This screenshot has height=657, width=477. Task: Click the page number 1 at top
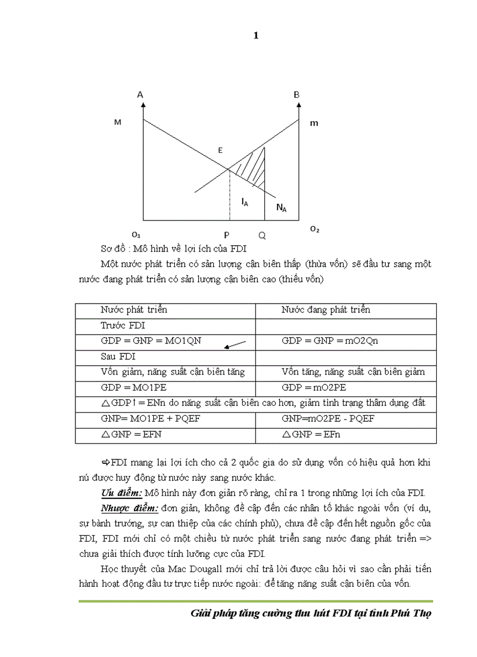point(256,36)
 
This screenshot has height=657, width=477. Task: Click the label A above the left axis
point(140,94)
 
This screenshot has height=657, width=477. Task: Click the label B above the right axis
point(296,94)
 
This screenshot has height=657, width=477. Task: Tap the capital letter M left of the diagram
point(117,122)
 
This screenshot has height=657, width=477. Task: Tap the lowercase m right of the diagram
point(314,123)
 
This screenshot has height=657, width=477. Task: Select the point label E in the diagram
point(220,151)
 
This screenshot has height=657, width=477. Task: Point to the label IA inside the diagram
point(244,201)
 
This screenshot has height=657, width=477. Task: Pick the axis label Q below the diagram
point(262,235)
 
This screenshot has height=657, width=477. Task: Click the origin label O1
point(136,234)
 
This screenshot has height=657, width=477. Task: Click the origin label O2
point(314,229)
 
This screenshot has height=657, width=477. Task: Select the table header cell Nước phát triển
point(134,310)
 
